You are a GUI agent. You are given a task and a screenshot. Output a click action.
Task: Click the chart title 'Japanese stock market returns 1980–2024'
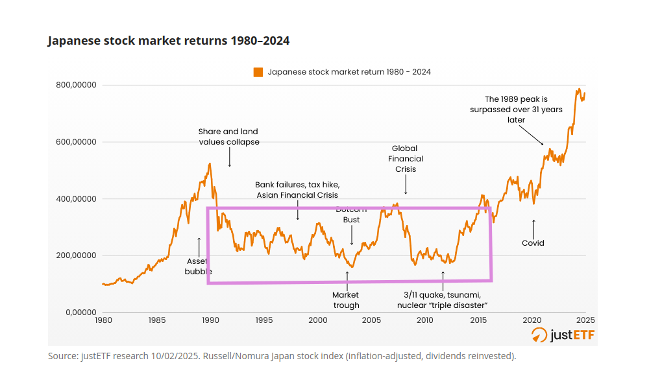(169, 40)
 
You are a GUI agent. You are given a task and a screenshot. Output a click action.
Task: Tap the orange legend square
(258, 73)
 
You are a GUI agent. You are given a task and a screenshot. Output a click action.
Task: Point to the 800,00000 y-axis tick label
(76, 85)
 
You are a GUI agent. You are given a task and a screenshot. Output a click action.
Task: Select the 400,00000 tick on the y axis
(76, 199)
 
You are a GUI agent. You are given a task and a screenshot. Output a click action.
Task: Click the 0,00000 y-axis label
(81, 312)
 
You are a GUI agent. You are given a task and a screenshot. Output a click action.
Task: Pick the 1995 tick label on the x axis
(264, 320)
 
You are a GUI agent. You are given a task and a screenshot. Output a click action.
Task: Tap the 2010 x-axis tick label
(425, 320)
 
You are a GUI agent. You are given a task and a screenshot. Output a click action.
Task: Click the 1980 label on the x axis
(103, 320)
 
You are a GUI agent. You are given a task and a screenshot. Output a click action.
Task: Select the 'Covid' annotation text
(533, 243)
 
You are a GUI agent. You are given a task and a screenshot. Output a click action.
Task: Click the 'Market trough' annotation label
(346, 300)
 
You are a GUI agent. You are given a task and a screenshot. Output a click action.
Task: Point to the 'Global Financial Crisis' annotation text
(406, 159)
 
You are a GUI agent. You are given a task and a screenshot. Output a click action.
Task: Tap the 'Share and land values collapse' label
(229, 137)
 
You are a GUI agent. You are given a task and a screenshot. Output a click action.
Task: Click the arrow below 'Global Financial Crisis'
(406, 184)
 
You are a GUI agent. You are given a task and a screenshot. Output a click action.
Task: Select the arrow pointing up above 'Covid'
(533, 230)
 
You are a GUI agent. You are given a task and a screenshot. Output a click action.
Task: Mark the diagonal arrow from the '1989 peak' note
(532, 136)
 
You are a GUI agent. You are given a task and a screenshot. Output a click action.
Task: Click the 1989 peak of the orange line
(210, 163)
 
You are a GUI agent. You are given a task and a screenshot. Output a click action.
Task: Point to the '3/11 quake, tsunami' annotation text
(443, 295)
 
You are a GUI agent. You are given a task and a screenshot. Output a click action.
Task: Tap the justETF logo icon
(539, 335)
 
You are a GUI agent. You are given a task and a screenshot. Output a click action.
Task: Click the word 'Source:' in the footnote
(63, 356)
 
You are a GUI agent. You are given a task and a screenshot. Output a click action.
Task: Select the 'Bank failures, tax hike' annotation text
(297, 185)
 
